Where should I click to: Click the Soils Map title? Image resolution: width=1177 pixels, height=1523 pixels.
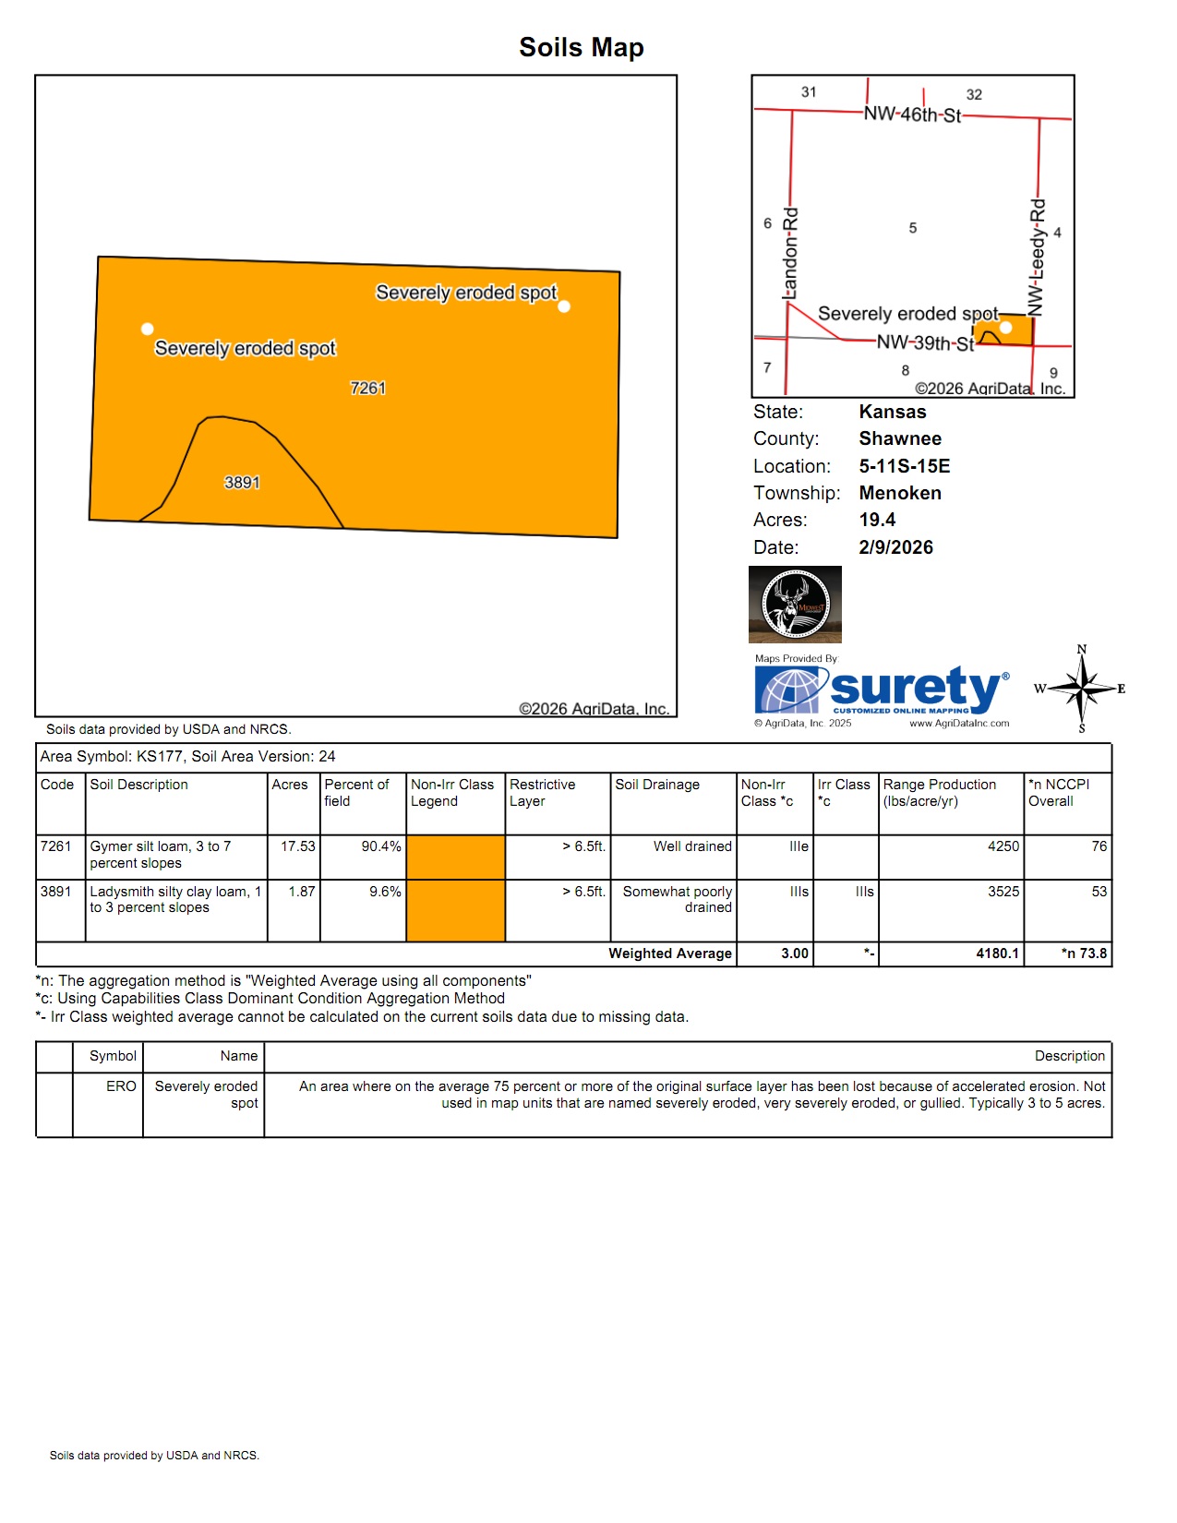tap(581, 47)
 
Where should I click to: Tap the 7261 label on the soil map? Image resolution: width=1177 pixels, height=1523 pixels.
tap(367, 389)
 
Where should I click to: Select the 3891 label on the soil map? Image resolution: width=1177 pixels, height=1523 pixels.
tap(242, 483)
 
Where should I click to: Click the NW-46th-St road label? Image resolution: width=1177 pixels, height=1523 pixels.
tap(912, 114)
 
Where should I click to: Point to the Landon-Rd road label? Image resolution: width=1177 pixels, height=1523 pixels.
tap(790, 253)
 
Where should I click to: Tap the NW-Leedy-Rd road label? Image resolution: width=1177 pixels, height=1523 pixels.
tap(1037, 257)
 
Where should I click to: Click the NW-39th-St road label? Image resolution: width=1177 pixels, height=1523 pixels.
tap(925, 343)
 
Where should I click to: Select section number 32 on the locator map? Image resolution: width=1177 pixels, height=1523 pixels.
tap(974, 94)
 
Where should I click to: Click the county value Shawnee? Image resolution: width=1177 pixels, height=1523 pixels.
tap(900, 438)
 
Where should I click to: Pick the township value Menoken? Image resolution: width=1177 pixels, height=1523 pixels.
tap(900, 493)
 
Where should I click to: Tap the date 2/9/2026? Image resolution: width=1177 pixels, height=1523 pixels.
tap(895, 547)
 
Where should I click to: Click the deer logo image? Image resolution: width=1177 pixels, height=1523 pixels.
tap(795, 605)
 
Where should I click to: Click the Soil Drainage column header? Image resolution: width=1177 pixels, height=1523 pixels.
tap(657, 785)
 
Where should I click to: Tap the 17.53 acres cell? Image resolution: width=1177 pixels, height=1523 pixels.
tap(298, 846)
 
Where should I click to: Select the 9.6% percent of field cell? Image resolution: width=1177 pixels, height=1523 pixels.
tap(385, 892)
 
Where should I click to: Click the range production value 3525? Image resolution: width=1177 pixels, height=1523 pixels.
tap(1003, 892)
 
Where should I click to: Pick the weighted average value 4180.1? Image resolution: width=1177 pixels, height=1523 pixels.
tap(997, 953)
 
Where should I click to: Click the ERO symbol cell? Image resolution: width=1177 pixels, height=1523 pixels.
tap(121, 1086)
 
